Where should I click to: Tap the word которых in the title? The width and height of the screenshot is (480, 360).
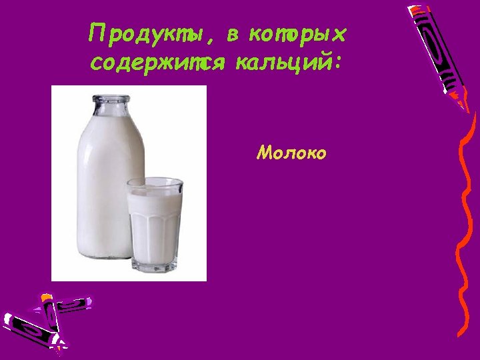[297, 33]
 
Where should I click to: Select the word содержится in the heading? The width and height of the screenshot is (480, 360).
[153, 63]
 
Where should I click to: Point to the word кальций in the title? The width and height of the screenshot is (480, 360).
[283, 63]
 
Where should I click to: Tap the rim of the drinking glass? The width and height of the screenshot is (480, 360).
[155, 182]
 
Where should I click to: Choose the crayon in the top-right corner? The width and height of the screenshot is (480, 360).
[441, 53]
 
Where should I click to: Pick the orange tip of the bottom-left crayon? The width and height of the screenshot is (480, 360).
[46, 297]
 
